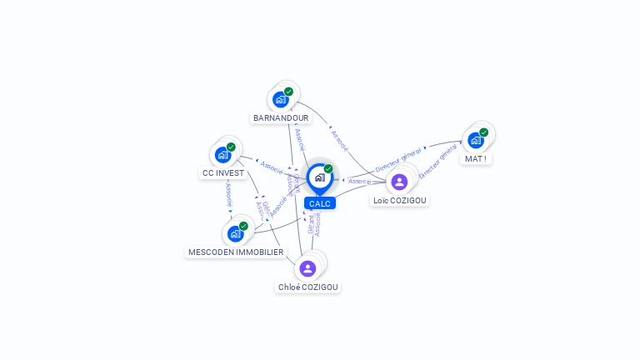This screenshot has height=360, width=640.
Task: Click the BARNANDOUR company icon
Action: coord(281,99)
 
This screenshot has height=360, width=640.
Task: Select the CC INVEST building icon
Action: coord(222,154)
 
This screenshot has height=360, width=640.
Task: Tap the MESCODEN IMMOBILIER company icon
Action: coord(235,233)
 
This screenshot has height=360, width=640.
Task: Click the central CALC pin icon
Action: coord(319,177)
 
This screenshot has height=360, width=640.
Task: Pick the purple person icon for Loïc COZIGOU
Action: coord(399,182)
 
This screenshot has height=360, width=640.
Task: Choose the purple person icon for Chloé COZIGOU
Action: coord(307,267)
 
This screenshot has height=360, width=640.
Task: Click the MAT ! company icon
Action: coord(475,140)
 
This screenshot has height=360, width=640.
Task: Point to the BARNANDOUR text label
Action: coord(281,117)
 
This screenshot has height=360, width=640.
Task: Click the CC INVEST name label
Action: coord(222,173)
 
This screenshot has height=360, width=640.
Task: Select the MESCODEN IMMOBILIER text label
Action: coord(236,252)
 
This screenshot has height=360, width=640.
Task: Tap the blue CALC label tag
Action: coord(319,203)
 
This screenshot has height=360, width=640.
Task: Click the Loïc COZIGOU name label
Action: coord(399,201)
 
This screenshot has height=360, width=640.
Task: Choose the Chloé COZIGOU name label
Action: coord(308,287)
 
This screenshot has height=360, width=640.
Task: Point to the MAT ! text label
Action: coord(475,158)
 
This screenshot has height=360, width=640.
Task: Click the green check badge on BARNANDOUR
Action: coord(288,92)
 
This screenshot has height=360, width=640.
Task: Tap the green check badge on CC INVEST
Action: coord(231,147)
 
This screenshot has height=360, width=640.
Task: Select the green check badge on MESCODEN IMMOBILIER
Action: coord(243,226)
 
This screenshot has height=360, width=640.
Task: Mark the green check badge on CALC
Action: coord(328,168)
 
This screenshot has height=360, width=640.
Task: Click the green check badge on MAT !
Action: coord(483,132)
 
